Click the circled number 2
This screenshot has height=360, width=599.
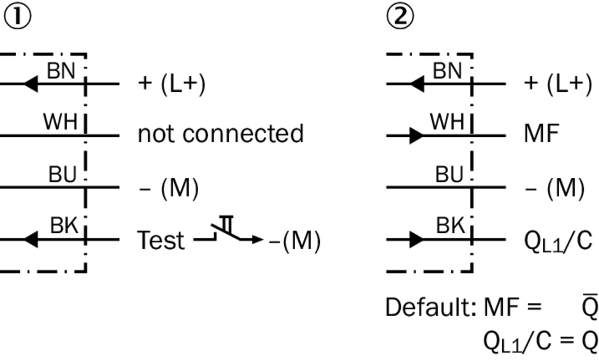[400, 17]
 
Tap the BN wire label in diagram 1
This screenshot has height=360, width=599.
[62, 71]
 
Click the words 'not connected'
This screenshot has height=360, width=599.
[220, 134]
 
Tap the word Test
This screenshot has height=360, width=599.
[161, 241]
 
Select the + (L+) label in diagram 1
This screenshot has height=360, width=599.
[171, 85]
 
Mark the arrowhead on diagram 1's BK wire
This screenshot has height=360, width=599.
[31, 240]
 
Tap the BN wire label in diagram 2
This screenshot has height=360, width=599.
[447, 71]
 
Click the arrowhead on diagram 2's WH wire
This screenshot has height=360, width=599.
[415, 135]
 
